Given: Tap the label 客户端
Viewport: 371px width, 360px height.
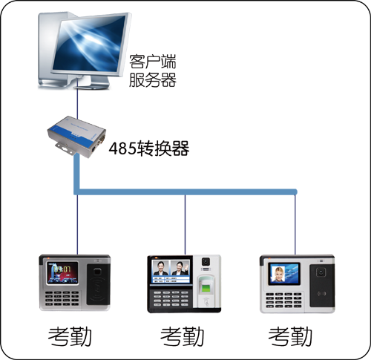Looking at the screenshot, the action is coord(153,62).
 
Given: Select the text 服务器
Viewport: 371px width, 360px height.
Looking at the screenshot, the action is coord(153,79).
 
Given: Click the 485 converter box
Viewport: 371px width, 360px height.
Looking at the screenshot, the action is coord(76,137).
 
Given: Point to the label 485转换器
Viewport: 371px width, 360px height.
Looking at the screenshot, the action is coord(149,148).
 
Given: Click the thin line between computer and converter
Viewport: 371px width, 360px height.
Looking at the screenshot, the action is coord(77,102).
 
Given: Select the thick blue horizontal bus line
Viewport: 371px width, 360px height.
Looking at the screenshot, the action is coord(185,192).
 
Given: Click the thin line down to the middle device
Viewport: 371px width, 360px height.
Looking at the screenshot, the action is coord(185,225).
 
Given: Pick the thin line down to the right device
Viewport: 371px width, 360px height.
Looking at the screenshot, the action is coord(295,225).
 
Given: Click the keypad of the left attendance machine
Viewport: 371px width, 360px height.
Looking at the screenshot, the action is coord(62,298).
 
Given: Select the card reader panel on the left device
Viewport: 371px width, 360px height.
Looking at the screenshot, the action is coord(98,284).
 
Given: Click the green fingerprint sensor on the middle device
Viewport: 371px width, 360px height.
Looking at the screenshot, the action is coord(206,288).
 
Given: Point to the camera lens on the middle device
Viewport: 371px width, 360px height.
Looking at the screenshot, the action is coord(206,261).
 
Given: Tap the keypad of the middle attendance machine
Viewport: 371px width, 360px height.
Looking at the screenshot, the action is coord(171,298).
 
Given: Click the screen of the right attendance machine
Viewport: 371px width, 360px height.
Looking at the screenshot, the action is coord(284,274).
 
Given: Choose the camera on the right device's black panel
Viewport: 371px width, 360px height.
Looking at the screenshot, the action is coord(321,272).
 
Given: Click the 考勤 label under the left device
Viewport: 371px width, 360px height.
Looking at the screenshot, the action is coord(70,336).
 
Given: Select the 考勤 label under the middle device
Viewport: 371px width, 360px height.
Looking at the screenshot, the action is coord(182,336).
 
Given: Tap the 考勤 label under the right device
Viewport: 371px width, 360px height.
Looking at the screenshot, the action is coord(290,336).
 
